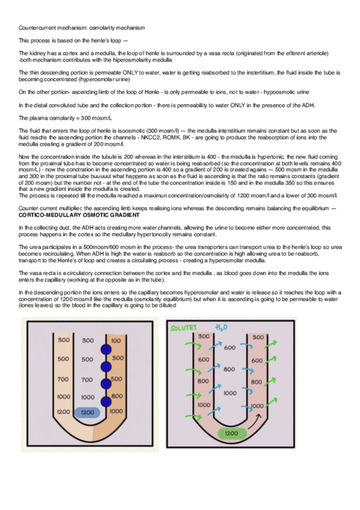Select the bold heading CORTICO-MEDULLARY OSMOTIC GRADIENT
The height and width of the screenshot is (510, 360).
[79, 215]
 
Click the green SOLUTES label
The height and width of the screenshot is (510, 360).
[183, 328]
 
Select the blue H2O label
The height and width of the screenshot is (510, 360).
[221, 327]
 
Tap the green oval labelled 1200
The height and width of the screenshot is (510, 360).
[231, 433]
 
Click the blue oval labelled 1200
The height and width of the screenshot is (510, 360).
[87, 413]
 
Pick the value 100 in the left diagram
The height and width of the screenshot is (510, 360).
[116, 341]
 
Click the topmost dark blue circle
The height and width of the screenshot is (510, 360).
[106, 349]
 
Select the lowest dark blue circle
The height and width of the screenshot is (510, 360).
[106, 402]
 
